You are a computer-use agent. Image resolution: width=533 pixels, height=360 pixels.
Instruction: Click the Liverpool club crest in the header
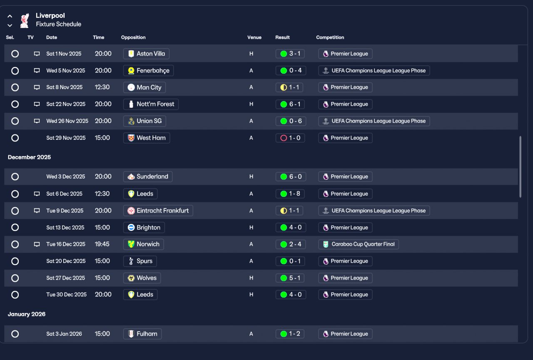pos(25,21)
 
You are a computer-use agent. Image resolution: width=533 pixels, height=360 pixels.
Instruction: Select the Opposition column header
pos(133,37)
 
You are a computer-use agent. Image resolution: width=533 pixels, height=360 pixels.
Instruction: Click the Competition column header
pos(330,37)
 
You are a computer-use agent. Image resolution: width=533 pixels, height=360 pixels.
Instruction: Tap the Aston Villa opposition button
pos(146,54)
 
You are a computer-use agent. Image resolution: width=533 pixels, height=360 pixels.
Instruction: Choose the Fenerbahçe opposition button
pos(149,71)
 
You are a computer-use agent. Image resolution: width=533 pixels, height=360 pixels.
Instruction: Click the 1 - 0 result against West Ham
pos(290,138)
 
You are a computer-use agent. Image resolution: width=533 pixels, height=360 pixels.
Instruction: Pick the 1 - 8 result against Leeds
pos(290,194)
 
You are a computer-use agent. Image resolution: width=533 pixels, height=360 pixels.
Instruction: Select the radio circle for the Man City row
pos(15,87)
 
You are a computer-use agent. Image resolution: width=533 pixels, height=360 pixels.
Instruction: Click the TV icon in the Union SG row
pos(37,121)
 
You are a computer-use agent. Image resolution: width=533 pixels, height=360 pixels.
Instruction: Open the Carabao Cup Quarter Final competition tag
pos(359,244)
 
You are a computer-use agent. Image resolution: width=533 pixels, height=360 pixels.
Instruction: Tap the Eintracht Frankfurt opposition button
pos(158,211)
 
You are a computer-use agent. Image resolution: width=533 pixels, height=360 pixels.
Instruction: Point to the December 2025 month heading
pos(29,157)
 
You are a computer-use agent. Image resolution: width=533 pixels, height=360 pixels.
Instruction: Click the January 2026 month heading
pos(27,314)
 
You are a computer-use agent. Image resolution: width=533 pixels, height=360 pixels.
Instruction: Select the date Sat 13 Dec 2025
pos(65,228)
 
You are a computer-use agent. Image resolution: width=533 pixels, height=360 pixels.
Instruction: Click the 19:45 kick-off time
pos(102,244)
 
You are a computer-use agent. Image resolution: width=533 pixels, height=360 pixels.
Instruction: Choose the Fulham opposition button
pos(142,334)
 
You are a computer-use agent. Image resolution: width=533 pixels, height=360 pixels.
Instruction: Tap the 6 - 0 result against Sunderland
pos(291,177)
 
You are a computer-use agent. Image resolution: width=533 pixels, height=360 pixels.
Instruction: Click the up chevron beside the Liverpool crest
pos(10,16)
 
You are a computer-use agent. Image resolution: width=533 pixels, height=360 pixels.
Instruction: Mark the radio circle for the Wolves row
pos(15,278)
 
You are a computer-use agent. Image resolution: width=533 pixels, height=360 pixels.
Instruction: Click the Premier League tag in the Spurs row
pos(346,261)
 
